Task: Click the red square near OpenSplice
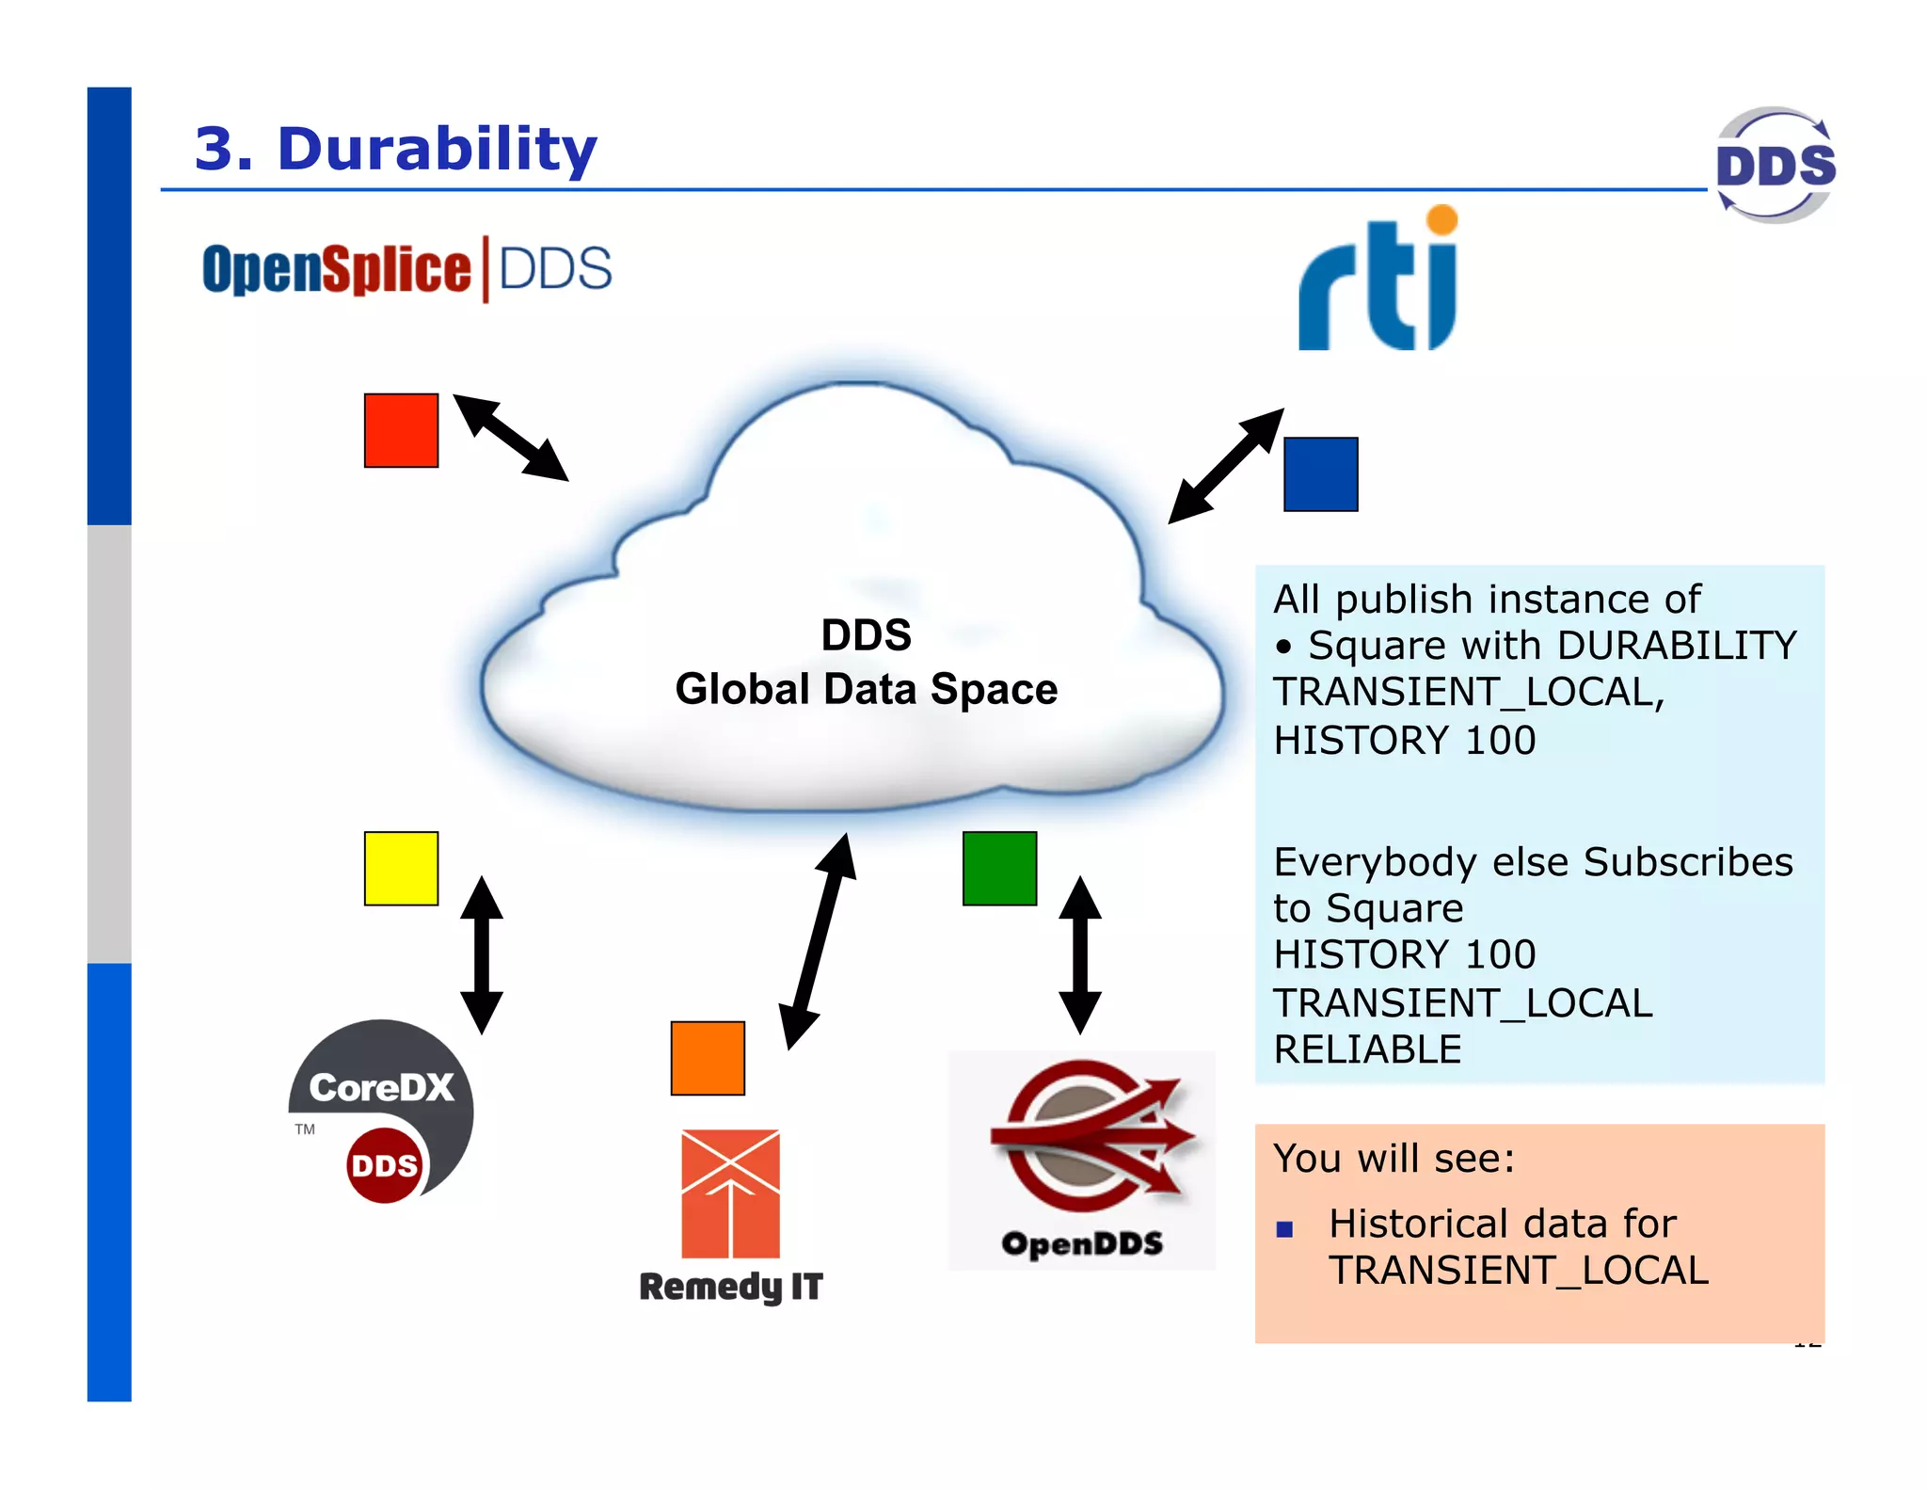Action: pyautogui.click(x=401, y=430)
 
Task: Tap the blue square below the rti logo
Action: pyautogui.click(x=1320, y=474)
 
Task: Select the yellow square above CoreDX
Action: pyautogui.click(x=401, y=868)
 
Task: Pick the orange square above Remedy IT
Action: pyautogui.click(x=708, y=1058)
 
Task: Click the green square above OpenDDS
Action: pyautogui.click(x=999, y=868)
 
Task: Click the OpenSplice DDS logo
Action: pyautogui.click(x=406, y=269)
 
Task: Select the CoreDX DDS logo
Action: pyautogui.click(x=381, y=1111)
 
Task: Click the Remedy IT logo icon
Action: pyautogui.click(x=730, y=1193)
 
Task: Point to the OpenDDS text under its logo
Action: pyautogui.click(x=1082, y=1243)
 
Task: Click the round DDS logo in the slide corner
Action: pyautogui.click(x=1775, y=165)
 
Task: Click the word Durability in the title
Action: pyautogui.click(x=438, y=149)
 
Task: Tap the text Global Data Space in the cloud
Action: pyautogui.click(x=866, y=689)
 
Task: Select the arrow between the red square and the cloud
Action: pyautogui.click(x=511, y=438)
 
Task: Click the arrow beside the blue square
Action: pyautogui.click(x=1226, y=466)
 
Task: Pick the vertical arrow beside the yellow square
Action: pyautogui.click(x=482, y=954)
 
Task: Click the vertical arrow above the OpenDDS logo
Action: pyautogui.click(x=1080, y=954)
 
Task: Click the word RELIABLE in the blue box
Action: pyautogui.click(x=1367, y=1049)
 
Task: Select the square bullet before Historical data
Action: pyautogui.click(x=1284, y=1228)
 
